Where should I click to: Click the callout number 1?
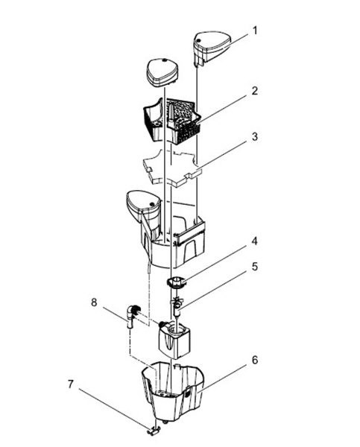click(x=255, y=31)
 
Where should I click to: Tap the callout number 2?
click(x=254, y=91)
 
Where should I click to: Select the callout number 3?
click(x=254, y=136)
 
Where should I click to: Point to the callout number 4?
click(x=254, y=241)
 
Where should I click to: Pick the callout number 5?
click(x=254, y=267)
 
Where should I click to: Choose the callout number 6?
click(x=255, y=360)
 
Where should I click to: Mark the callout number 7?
click(x=71, y=384)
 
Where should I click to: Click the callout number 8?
click(x=94, y=302)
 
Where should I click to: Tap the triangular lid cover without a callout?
click(x=162, y=72)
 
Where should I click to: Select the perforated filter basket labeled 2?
click(x=171, y=120)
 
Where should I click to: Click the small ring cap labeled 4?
click(x=177, y=282)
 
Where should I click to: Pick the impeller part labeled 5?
click(x=177, y=306)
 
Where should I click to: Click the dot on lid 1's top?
click(x=198, y=40)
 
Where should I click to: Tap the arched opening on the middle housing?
click(x=191, y=250)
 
